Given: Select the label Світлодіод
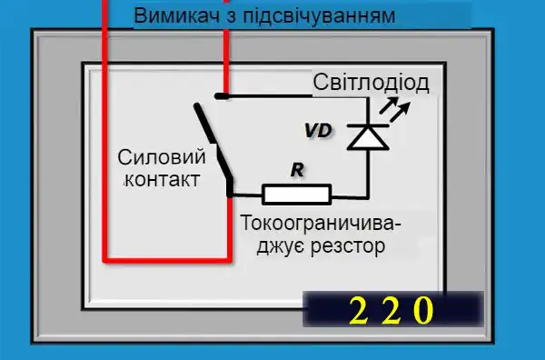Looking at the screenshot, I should coord(371,84).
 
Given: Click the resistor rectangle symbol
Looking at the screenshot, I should coord(296,193).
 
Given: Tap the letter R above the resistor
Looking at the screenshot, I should coord(295,169).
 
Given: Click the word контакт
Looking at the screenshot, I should coord(160,179).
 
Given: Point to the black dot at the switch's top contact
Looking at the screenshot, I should coord(222,94).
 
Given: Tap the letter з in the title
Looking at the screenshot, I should coord(232,16).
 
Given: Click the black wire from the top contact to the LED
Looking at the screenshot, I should coord(291,95).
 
